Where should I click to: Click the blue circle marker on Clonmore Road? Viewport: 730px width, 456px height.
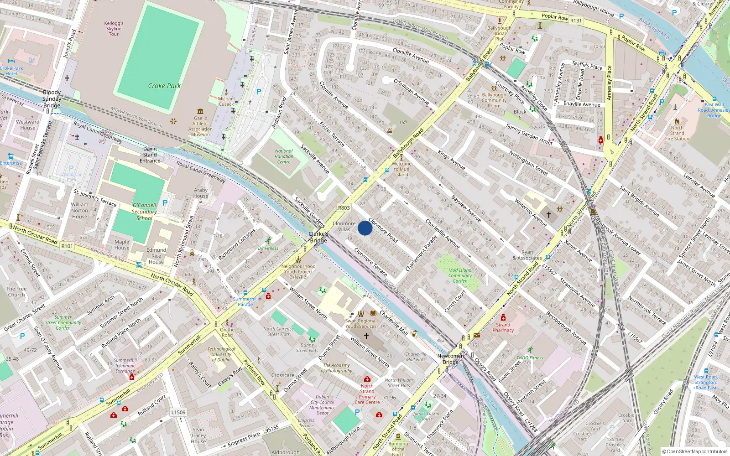point(365,228)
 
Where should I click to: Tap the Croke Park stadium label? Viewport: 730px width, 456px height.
point(164,86)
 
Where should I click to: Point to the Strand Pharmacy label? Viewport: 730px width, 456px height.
point(503,327)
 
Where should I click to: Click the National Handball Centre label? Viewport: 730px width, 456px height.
point(284,156)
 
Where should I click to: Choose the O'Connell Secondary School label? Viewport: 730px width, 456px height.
point(144,212)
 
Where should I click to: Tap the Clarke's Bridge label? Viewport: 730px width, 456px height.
point(318,237)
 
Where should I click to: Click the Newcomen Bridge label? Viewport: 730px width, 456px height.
point(451,359)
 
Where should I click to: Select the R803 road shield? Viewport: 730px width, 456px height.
point(344,208)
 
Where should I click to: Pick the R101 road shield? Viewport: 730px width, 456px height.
point(67,246)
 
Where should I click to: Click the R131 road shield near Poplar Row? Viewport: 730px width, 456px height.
point(576,21)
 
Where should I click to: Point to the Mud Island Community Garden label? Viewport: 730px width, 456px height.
point(460,275)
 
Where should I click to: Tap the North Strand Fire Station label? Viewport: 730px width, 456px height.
point(677,133)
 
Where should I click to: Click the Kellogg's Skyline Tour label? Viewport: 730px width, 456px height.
point(114,28)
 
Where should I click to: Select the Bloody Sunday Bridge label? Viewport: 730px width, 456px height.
point(52,99)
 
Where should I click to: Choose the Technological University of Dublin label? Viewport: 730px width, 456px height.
point(221,354)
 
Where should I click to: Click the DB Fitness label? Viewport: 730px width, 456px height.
point(268,249)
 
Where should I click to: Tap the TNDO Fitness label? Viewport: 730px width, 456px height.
point(530,358)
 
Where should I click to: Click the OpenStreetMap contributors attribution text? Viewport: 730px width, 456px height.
point(694,452)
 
